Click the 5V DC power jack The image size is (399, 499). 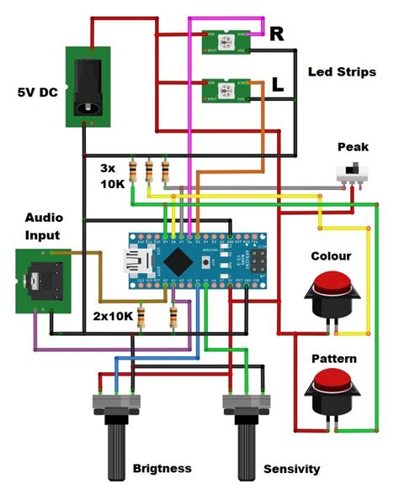point(88,87)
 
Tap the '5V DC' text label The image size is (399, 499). point(36,92)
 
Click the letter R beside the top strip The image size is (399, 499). point(277,34)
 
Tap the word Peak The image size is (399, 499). point(353,146)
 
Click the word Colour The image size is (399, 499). point(331,256)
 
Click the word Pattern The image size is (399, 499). point(333,359)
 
